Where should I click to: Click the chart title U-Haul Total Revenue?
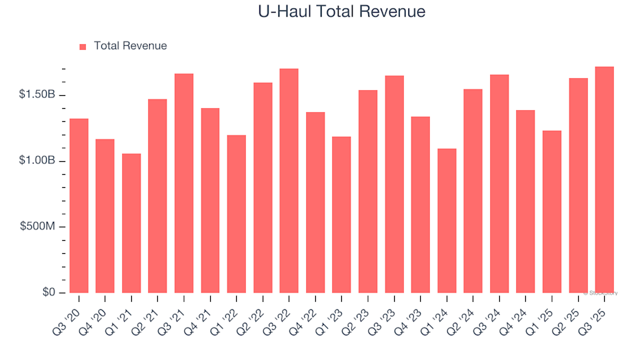pos(341,12)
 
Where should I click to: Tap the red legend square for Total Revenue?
pos(83,47)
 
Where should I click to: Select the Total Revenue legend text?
pos(130,46)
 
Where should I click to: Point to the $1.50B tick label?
pos(38,95)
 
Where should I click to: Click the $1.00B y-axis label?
pos(38,161)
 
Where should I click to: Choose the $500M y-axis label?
pos(39,227)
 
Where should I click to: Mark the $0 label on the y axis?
pos(49,293)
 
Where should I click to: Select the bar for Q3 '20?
pos(79,206)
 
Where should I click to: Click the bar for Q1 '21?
pos(131,223)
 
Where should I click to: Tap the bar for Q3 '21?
pos(184,183)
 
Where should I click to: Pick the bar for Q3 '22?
pos(289,181)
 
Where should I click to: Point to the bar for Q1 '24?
pos(447,221)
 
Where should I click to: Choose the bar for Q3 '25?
pos(604,180)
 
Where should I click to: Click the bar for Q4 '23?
pos(420,205)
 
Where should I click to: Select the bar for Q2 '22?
pos(263,188)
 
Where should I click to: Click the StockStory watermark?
pos(600,293)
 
